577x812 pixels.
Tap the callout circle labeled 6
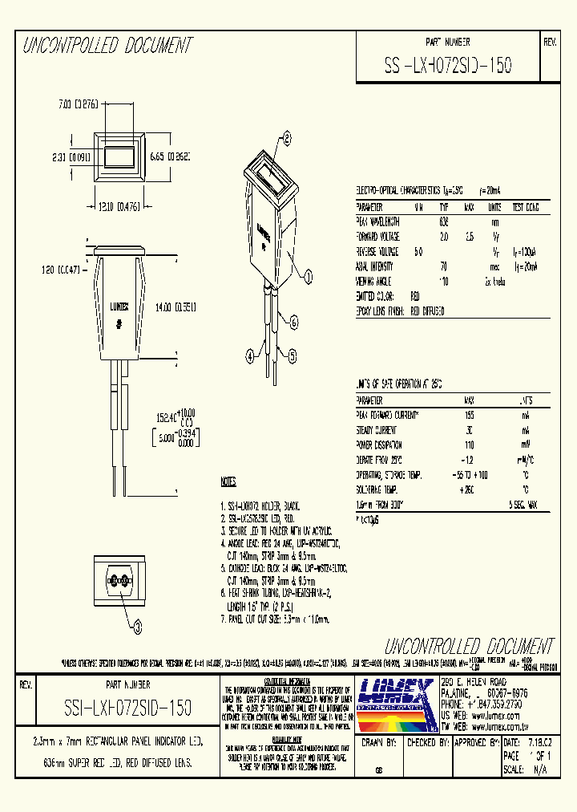(x=293, y=323)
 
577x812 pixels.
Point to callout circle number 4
(x=249, y=354)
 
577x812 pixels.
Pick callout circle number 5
(x=292, y=354)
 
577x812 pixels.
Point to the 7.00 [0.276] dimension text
(x=78, y=104)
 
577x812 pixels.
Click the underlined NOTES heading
(x=228, y=482)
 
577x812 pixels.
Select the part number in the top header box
(x=448, y=65)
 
